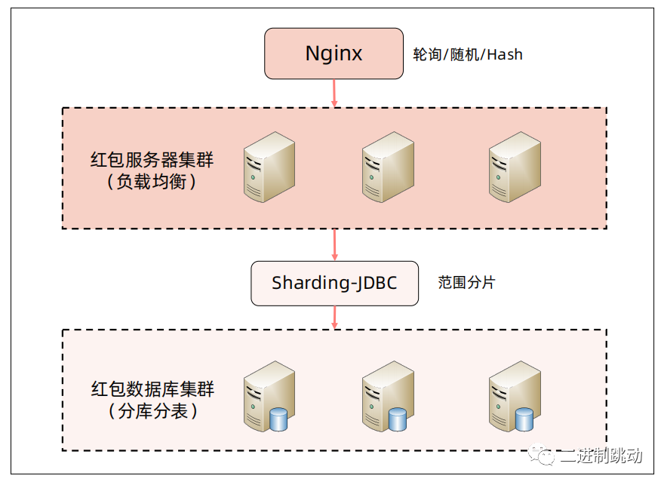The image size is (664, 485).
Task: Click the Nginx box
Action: tap(334, 54)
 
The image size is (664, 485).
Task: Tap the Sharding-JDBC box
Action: tap(334, 284)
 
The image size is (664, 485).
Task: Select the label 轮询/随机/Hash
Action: tap(468, 54)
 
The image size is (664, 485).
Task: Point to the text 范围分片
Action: tap(467, 283)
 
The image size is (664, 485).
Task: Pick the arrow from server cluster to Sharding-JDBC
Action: tap(334, 244)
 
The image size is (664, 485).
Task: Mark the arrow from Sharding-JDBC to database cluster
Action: tap(334, 317)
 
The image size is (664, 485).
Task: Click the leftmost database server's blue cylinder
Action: tap(279, 419)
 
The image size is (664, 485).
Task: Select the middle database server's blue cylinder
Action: tap(398, 419)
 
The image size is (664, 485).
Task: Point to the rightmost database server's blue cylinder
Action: tap(524, 419)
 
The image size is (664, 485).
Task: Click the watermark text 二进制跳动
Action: tap(601, 456)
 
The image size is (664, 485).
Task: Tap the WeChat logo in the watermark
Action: tap(545, 455)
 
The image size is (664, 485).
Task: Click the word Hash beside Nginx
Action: tap(506, 54)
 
